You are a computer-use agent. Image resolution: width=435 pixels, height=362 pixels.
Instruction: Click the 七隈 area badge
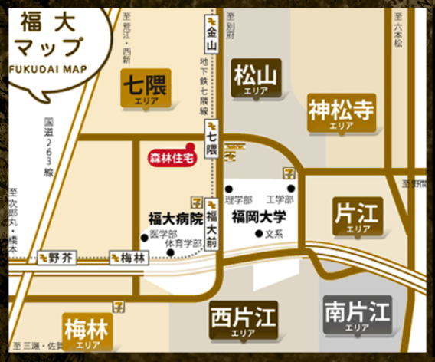point(146,88)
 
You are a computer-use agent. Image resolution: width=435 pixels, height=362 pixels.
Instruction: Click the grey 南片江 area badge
point(357,315)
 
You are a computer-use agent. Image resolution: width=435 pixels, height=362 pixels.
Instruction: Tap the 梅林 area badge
point(87,332)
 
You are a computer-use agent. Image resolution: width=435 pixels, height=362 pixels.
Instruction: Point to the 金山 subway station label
point(212,35)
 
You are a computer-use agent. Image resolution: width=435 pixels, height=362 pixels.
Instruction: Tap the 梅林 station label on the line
point(128,258)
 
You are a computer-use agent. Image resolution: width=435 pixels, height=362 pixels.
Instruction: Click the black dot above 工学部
point(291,189)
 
